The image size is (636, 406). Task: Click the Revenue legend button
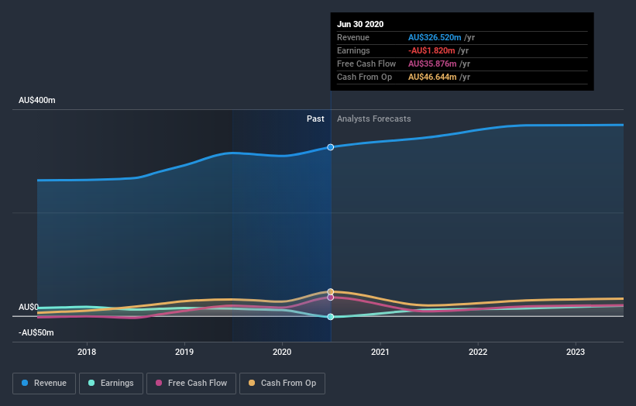(45, 383)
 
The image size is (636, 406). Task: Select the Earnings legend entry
(112, 383)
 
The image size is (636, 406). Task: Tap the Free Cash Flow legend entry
(191, 383)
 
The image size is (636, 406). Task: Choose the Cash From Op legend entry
(283, 383)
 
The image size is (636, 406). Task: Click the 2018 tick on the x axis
(87, 350)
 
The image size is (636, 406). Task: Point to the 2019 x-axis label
(184, 350)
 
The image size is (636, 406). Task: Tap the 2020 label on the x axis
(282, 350)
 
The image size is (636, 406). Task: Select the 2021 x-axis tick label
(380, 350)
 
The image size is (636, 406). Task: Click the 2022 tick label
(478, 350)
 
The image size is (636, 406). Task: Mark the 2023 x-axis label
(576, 350)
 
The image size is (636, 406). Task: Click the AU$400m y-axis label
(37, 101)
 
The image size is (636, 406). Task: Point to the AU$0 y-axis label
(29, 308)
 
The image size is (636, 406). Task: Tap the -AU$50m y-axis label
(36, 332)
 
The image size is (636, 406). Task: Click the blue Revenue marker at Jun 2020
(331, 146)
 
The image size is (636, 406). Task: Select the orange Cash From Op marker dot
(331, 291)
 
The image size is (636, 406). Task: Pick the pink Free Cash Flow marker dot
(331, 298)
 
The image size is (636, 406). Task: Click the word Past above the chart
(315, 119)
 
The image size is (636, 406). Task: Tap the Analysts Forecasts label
(373, 119)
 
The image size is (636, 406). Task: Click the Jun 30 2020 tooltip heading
(360, 24)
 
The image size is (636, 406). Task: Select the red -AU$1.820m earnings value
(435, 50)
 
